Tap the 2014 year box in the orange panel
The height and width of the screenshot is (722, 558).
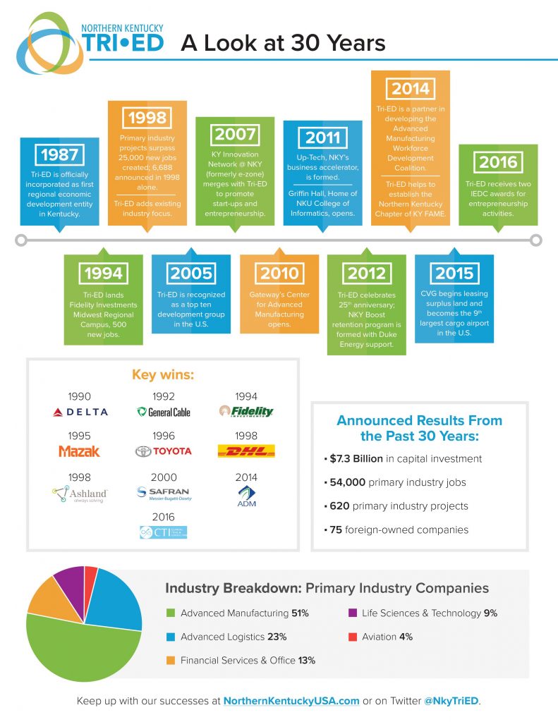coord(411,89)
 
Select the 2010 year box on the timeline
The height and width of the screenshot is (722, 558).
coord(279,274)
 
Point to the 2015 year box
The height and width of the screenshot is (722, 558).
coord(454,274)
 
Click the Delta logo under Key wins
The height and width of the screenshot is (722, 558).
coord(81,412)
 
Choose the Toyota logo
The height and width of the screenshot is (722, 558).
coord(163,451)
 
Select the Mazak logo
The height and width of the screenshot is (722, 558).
coord(79,451)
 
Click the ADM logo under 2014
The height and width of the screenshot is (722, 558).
coord(246,496)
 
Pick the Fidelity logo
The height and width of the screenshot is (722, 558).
coord(246,411)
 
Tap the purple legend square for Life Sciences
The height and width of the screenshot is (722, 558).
coord(352,613)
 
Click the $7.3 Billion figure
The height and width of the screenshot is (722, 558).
coord(358,459)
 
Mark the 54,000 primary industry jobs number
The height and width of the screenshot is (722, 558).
coord(349,482)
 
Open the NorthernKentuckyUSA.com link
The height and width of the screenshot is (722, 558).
coord(291,702)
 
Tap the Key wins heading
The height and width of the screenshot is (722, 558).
coord(163,374)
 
